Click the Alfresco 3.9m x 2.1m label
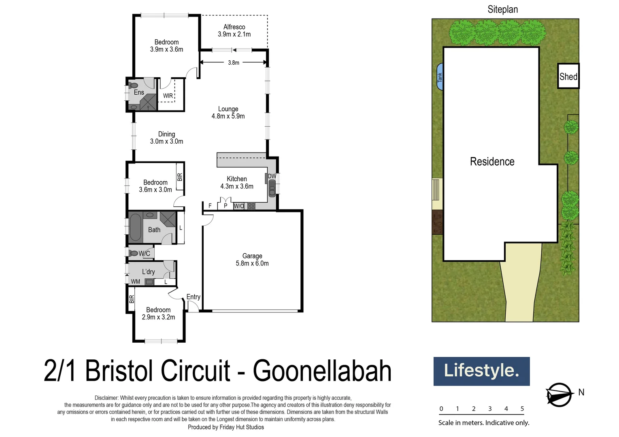[234, 31]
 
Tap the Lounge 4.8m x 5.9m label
[228, 112]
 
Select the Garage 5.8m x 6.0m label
[252, 260]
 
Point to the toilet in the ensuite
[133, 85]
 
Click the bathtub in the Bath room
[135, 227]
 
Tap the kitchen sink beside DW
[272, 188]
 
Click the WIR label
[168, 96]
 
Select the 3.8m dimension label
[234, 63]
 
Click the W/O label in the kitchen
[239, 206]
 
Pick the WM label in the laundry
[136, 282]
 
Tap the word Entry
[193, 297]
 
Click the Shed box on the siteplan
[568, 76]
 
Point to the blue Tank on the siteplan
[440, 77]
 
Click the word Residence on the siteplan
[492, 161]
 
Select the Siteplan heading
[502, 9]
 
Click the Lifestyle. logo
[481, 371]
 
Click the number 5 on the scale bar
[522, 409]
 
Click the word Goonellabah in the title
[322, 371]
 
